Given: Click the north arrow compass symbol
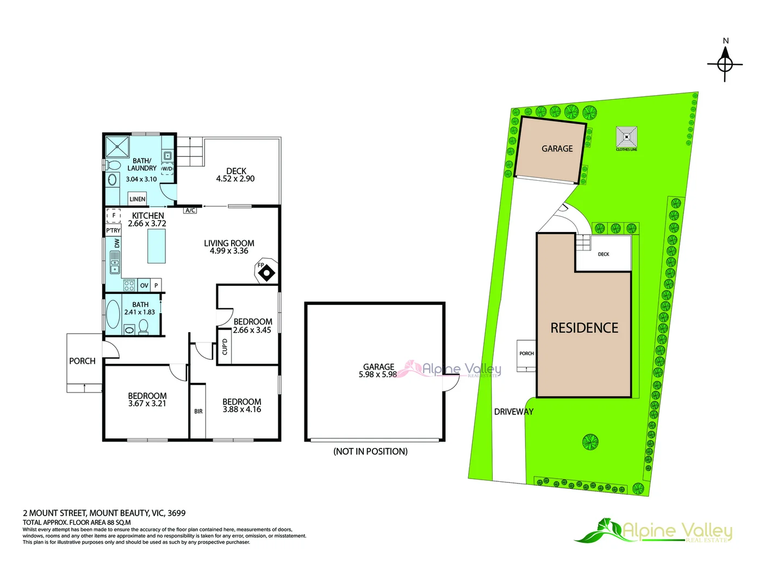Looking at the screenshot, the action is click(724, 65).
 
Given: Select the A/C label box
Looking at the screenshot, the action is click(190, 210).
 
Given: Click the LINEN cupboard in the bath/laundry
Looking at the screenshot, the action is click(138, 199).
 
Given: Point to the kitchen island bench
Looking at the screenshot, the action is click(156, 246).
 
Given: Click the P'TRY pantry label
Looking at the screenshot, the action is click(113, 230).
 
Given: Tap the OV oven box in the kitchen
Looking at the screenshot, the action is click(144, 285).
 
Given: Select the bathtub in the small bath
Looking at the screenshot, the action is click(113, 314).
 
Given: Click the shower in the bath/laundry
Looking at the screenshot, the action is click(117, 146).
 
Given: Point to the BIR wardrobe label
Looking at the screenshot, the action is click(198, 411).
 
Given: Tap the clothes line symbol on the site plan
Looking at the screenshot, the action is click(626, 137).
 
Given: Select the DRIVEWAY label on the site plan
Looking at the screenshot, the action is click(514, 412).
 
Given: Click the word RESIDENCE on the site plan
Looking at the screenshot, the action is click(585, 328).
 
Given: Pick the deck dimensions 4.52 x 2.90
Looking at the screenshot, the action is click(235, 179).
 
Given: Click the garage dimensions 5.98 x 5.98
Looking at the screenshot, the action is click(378, 374).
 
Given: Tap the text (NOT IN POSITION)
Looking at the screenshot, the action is click(370, 451).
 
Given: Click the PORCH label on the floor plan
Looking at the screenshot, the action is click(83, 361).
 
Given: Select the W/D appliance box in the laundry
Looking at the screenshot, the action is click(167, 169).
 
